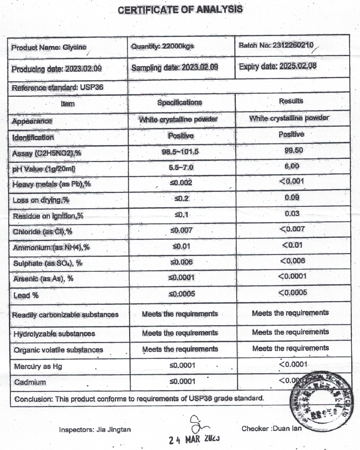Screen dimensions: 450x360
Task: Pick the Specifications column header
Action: (x=180, y=103)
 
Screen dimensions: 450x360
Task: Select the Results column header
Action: (x=292, y=101)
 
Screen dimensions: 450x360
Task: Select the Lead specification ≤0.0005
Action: (x=181, y=294)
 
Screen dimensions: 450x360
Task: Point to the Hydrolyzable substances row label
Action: (x=54, y=334)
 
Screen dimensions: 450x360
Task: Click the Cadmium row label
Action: (x=30, y=382)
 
